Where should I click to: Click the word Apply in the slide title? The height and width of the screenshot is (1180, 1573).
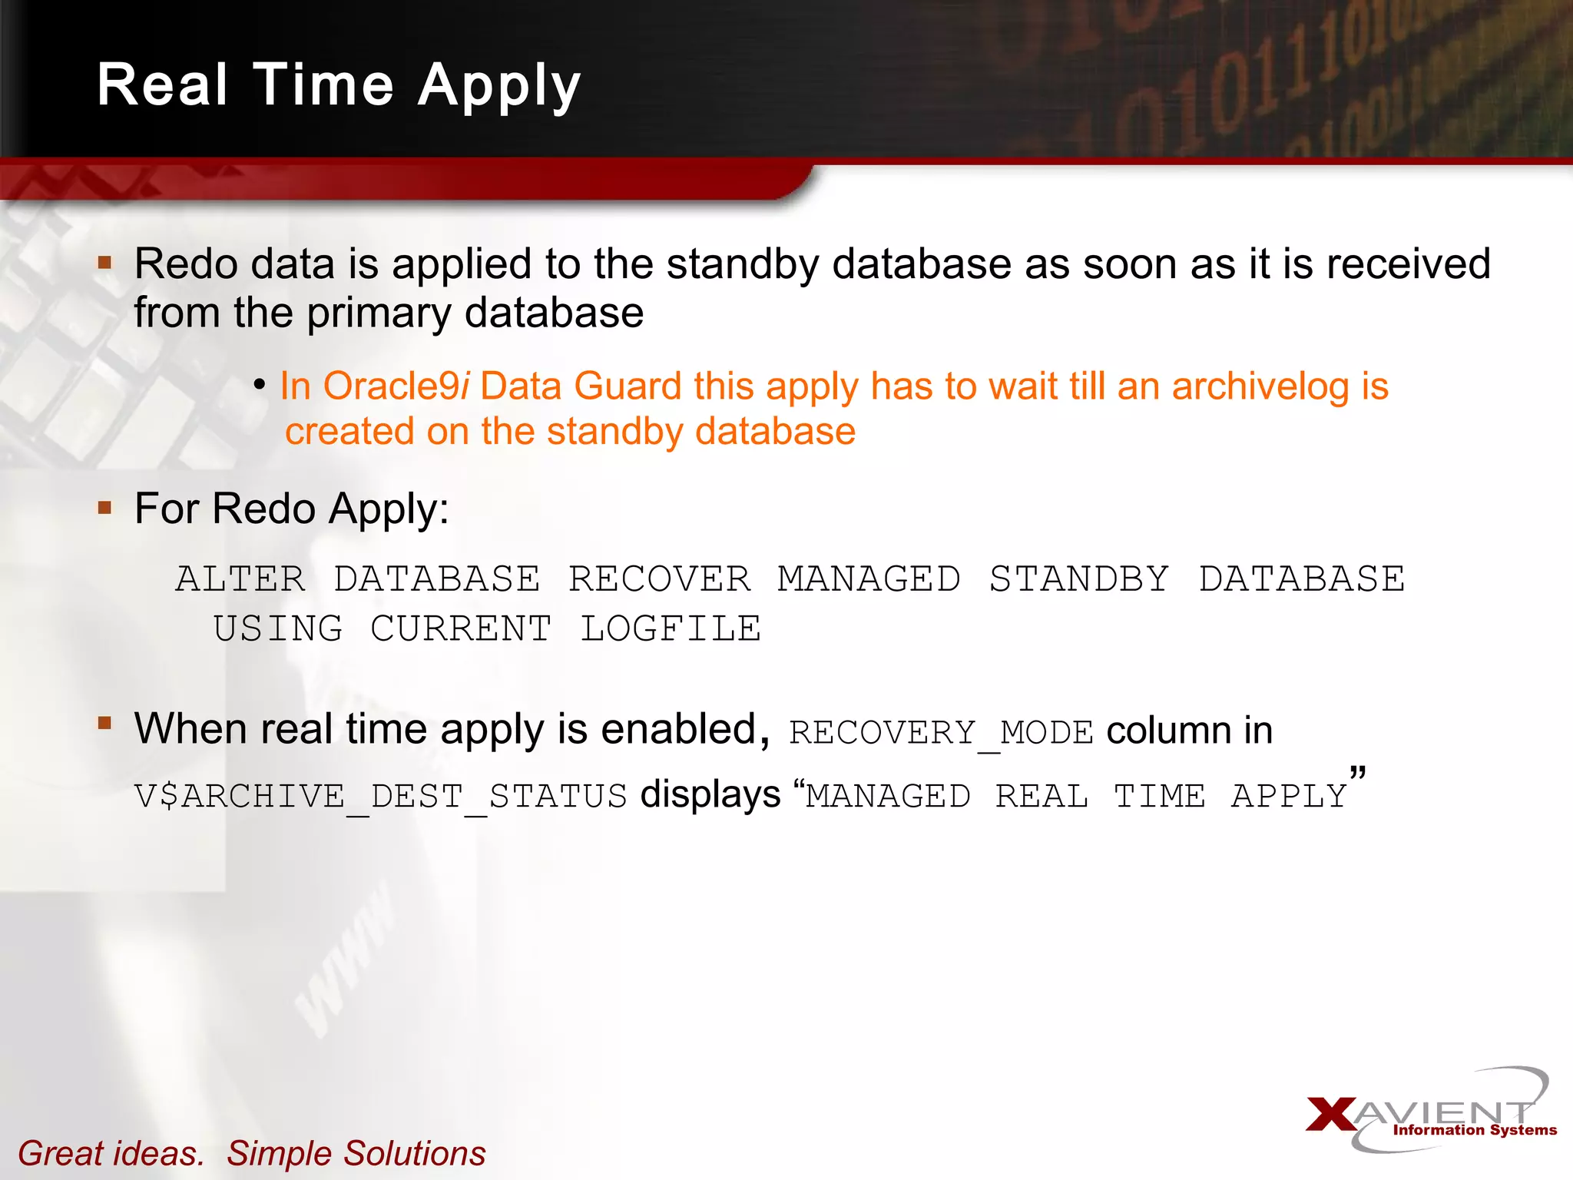point(499,86)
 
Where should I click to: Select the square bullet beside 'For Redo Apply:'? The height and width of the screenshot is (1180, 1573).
point(105,508)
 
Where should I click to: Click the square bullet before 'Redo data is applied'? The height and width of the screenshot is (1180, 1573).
point(105,264)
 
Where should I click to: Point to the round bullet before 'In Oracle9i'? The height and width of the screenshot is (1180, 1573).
point(260,384)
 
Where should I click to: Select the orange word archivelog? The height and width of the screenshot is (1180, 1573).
point(1260,386)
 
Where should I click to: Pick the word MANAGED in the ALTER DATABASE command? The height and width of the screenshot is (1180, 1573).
point(869,578)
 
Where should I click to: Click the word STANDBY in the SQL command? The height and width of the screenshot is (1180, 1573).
point(1078,578)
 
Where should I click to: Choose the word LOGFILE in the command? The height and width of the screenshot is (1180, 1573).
point(671,628)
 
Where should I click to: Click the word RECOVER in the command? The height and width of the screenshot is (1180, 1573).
point(659,578)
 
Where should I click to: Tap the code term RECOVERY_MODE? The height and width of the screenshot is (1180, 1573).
point(941,732)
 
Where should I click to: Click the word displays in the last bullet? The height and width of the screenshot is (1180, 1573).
point(710,794)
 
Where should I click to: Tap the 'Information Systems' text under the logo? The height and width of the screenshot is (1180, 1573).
point(1475,1129)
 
